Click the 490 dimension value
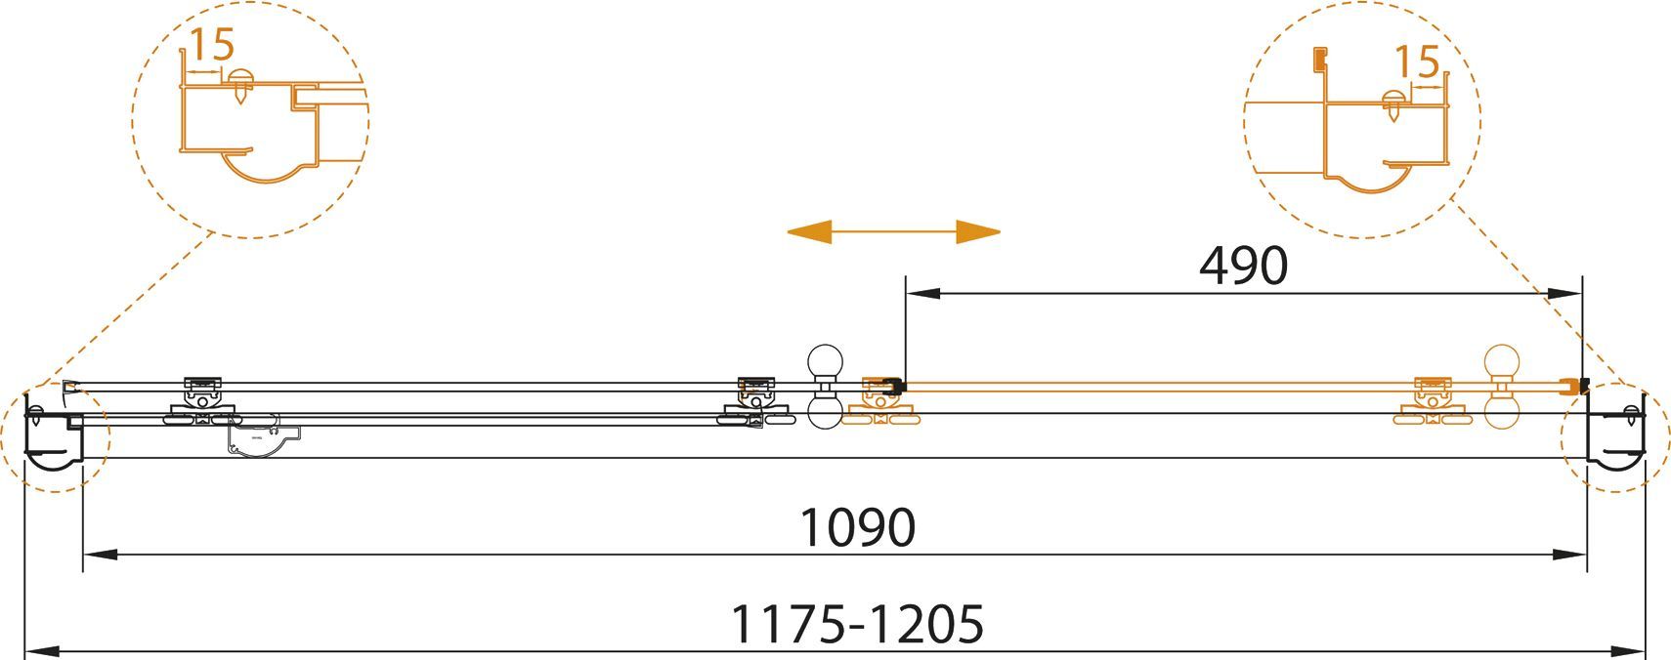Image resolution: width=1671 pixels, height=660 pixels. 1243,266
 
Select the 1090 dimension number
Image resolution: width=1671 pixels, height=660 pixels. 857,527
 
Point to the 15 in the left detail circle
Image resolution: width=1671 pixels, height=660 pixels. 213,45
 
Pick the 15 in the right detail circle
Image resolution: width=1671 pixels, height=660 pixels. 1417,62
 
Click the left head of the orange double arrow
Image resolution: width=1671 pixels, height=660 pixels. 809,231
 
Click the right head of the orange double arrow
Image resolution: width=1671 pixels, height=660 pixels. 978,231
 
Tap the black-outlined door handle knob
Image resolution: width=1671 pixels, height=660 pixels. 825,388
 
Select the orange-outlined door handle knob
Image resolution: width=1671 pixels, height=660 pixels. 1502,388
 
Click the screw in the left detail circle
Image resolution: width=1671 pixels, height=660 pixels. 239,87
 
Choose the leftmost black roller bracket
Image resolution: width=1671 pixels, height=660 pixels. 202,402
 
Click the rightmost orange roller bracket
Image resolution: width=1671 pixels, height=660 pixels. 1432,402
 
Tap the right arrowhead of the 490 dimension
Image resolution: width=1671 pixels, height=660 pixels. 1565,294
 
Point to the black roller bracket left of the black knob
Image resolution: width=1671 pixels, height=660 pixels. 757,402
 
